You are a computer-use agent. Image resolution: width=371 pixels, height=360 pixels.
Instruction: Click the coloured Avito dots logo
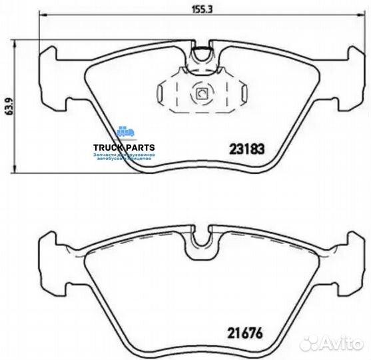point(310,342)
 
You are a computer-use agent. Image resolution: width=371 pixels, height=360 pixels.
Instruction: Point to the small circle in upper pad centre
point(200,94)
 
